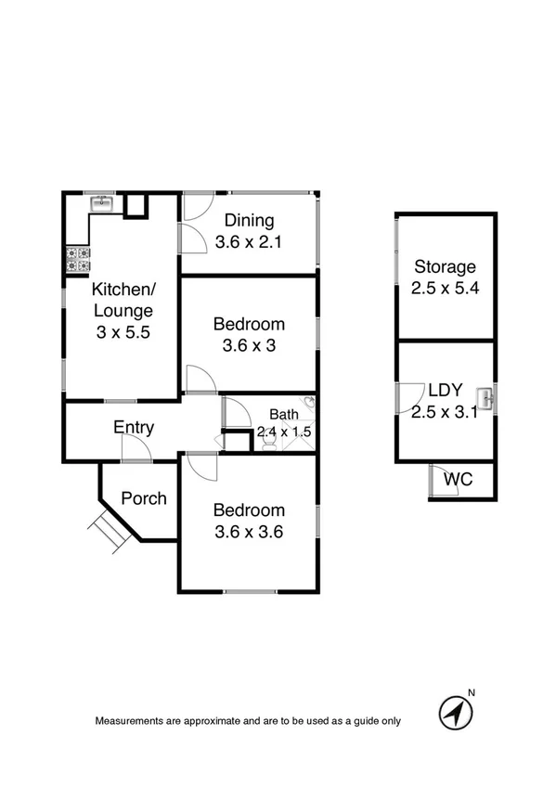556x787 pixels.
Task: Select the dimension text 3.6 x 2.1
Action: pos(248,242)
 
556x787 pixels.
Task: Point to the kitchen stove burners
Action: pos(77,259)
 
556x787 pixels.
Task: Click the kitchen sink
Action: pos(100,202)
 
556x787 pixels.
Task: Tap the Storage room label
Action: pos(445,266)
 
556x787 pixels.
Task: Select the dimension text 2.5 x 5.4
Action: pos(445,289)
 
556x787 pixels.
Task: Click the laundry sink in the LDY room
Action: pos(486,399)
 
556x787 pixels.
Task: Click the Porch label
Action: pos(144,498)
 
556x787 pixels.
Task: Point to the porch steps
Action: pos(107,533)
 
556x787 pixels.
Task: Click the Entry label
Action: pos(134,428)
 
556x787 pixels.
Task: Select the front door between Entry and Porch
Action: pos(136,449)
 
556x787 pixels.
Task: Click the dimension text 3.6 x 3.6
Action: pos(248,532)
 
